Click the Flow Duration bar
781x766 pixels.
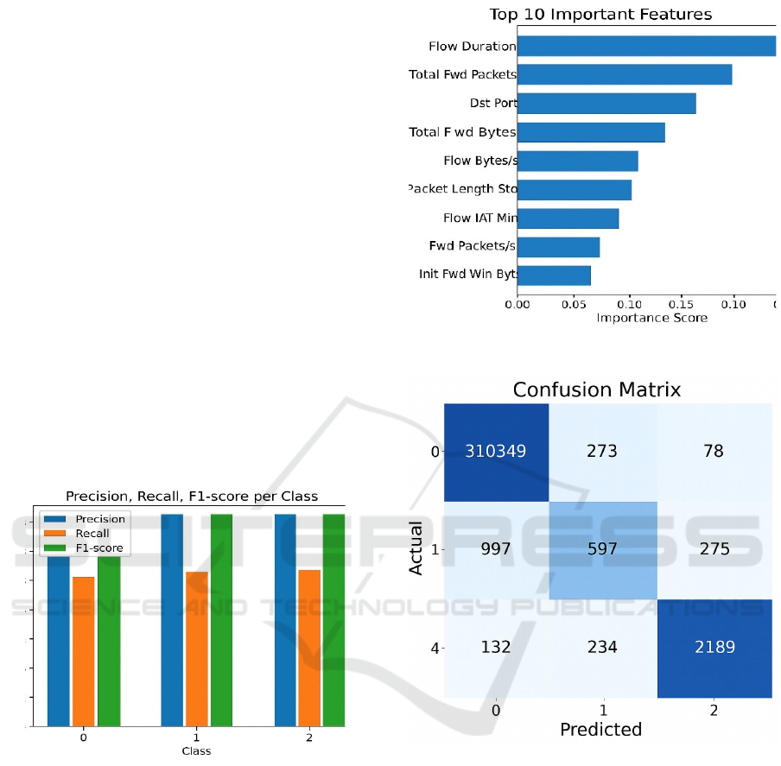click(646, 46)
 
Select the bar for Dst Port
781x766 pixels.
click(606, 104)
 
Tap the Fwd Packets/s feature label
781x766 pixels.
click(473, 246)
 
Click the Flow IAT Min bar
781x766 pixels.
click(568, 218)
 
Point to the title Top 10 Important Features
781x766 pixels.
click(600, 14)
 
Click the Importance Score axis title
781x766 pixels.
click(651, 318)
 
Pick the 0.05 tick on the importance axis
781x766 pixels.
click(573, 304)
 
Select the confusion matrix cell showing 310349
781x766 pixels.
click(496, 452)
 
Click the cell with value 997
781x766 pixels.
click(496, 550)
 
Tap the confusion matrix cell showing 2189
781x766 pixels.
click(714, 647)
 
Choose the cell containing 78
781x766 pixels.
click(714, 452)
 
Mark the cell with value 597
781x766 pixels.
click(601, 550)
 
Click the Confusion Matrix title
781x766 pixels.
click(596, 390)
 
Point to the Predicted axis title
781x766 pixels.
click(600, 730)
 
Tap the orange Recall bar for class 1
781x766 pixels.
click(197, 649)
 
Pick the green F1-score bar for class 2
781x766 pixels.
click(333, 619)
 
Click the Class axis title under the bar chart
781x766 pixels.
click(196, 751)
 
